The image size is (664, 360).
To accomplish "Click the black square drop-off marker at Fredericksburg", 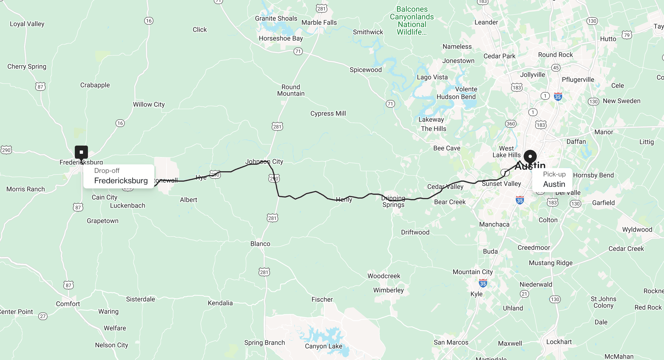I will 81,152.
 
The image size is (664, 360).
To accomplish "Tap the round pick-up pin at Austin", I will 530,157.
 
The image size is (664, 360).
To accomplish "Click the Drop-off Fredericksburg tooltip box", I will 119,176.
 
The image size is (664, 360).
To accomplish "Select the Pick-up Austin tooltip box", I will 552,180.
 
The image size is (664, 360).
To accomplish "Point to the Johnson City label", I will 264,161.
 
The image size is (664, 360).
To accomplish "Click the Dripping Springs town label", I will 393,201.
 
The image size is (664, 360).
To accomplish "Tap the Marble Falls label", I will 319,22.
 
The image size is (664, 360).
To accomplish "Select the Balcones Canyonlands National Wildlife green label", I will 412,20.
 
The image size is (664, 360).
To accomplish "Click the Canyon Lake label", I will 324,346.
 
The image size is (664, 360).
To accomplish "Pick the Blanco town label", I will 260,244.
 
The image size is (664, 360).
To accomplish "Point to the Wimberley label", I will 388,290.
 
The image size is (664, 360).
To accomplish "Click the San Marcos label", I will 451,342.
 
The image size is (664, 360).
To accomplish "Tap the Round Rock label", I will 555,55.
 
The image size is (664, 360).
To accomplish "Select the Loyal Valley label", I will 27,24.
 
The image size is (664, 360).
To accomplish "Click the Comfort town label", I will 68,304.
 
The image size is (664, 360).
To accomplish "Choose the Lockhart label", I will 559,342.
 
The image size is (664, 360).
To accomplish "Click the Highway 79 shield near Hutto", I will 627,35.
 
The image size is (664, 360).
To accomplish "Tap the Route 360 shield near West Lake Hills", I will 511,124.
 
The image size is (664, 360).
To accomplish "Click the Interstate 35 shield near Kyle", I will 483,283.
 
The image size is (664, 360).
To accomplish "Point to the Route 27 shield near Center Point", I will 43,316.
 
